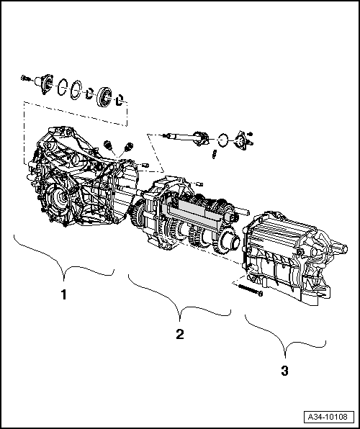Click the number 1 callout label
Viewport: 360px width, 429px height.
(x=63, y=294)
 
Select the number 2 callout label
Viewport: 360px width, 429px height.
(x=179, y=334)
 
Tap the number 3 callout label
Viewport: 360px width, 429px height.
(x=284, y=371)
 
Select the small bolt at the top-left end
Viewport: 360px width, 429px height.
(x=26, y=77)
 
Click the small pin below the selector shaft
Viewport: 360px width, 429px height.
(x=214, y=153)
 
